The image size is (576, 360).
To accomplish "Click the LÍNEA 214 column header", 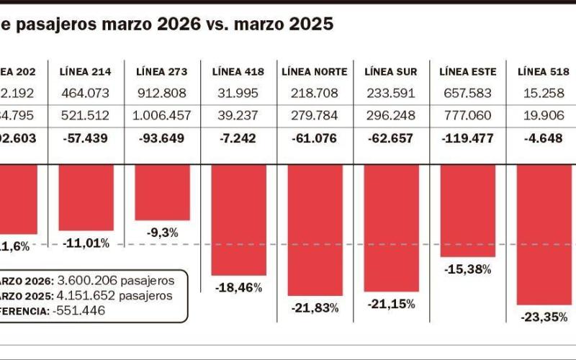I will (85, 72).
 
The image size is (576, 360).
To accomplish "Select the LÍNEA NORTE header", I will (315, 72).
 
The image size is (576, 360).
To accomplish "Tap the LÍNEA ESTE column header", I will (468, 72).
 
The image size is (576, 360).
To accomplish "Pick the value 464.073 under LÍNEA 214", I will (85, 94).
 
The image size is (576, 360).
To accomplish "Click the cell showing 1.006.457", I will (161, 117).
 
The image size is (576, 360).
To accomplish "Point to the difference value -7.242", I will (238, 139).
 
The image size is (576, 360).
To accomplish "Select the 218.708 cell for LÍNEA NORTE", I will (315, 94).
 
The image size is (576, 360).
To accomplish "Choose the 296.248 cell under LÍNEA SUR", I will (392, 117).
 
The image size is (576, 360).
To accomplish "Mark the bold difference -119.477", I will (468, 139).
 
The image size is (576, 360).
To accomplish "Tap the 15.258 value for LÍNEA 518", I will (544, 94).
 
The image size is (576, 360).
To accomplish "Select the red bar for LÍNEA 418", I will (238, 220).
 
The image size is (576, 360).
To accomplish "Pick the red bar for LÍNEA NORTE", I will (315, 230).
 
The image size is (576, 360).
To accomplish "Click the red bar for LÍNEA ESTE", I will (468, 210).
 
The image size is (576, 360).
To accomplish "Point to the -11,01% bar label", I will (85, 243).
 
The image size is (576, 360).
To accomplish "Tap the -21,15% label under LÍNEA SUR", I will (392, 305).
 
